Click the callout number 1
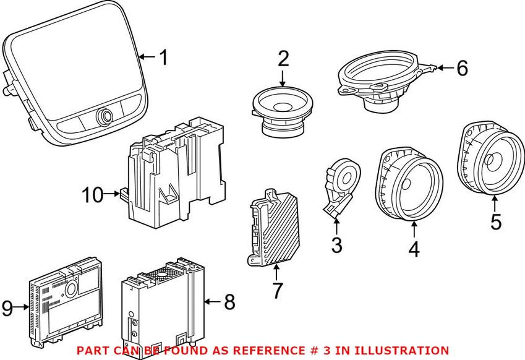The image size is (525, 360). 163,58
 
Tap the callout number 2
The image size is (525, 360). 283,60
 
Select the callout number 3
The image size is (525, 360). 336,246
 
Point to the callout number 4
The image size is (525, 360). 414,249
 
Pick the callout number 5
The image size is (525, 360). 496,221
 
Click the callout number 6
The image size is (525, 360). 462,68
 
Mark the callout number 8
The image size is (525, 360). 229,302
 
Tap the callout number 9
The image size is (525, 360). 7,307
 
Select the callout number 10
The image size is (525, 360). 93,195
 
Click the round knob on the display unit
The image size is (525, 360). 103,115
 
